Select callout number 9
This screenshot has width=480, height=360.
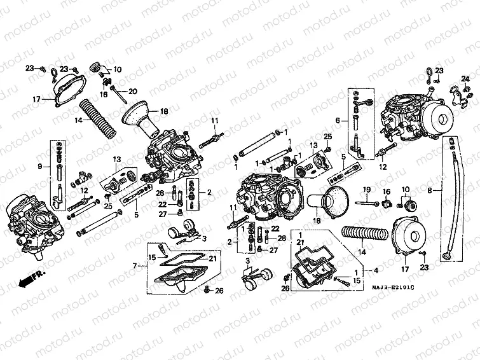39,167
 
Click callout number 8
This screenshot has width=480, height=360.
429,190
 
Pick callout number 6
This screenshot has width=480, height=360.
338,120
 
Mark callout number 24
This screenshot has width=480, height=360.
464,78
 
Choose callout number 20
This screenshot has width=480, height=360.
133,91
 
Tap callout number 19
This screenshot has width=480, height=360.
366,191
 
